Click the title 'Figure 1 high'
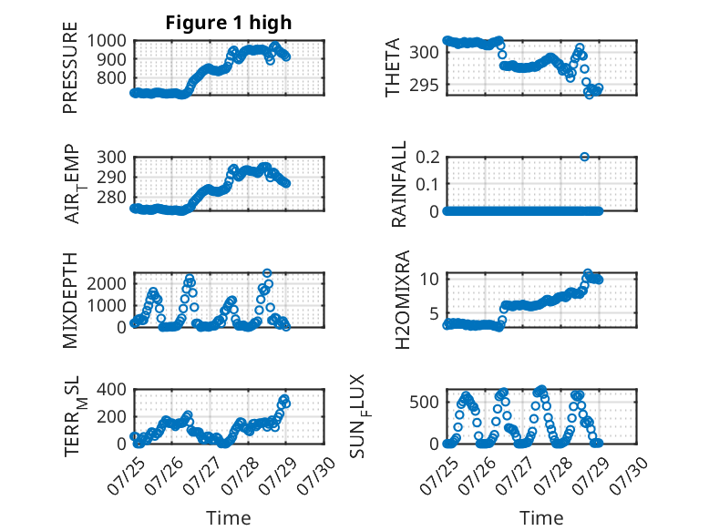tap(229, 23)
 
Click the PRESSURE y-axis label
tap(70, 67)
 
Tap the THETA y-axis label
tap(393, 67)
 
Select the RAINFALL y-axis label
tap(399, 184)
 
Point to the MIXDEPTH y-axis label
tap(70, 301)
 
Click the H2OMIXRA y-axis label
tap(402, 300)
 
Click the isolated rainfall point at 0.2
tap(584, 157)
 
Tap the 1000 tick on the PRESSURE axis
tap(107, 41)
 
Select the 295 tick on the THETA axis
tap(424, 85)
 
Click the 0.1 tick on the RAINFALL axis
tap(427, 184)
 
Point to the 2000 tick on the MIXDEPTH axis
tap(107, 284)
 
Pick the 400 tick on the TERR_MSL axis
tap(112, 389)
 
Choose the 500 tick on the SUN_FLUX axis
tap(424, 402)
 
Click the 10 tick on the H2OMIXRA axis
tap(429, 279)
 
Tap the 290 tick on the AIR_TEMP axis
tap(112, 177)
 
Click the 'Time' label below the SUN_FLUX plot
tap(541, 518)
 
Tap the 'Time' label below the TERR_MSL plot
tap(229, 518)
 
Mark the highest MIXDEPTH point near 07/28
tap(267, 273)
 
